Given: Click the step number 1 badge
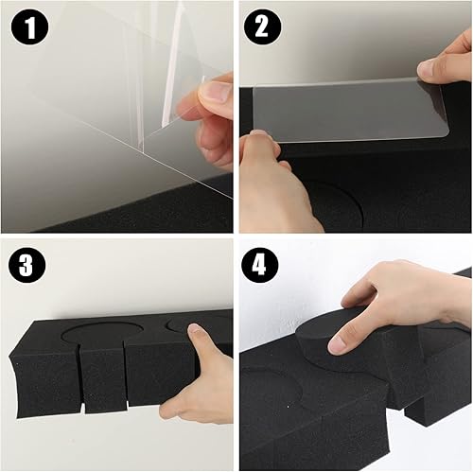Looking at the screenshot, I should click(x=30, y=30).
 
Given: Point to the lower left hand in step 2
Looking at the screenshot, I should click(x=274, y=184).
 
